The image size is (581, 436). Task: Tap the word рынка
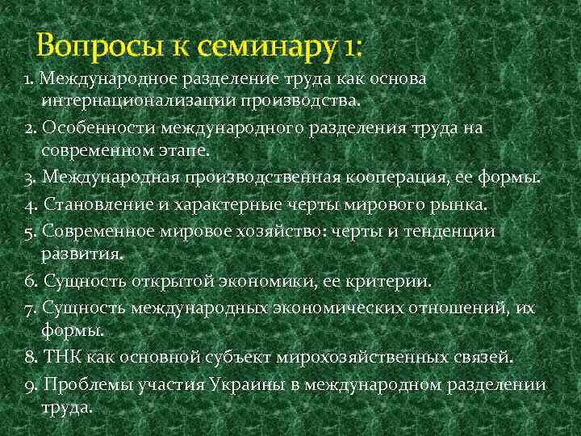[462, 205]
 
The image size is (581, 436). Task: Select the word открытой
[173, 282]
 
